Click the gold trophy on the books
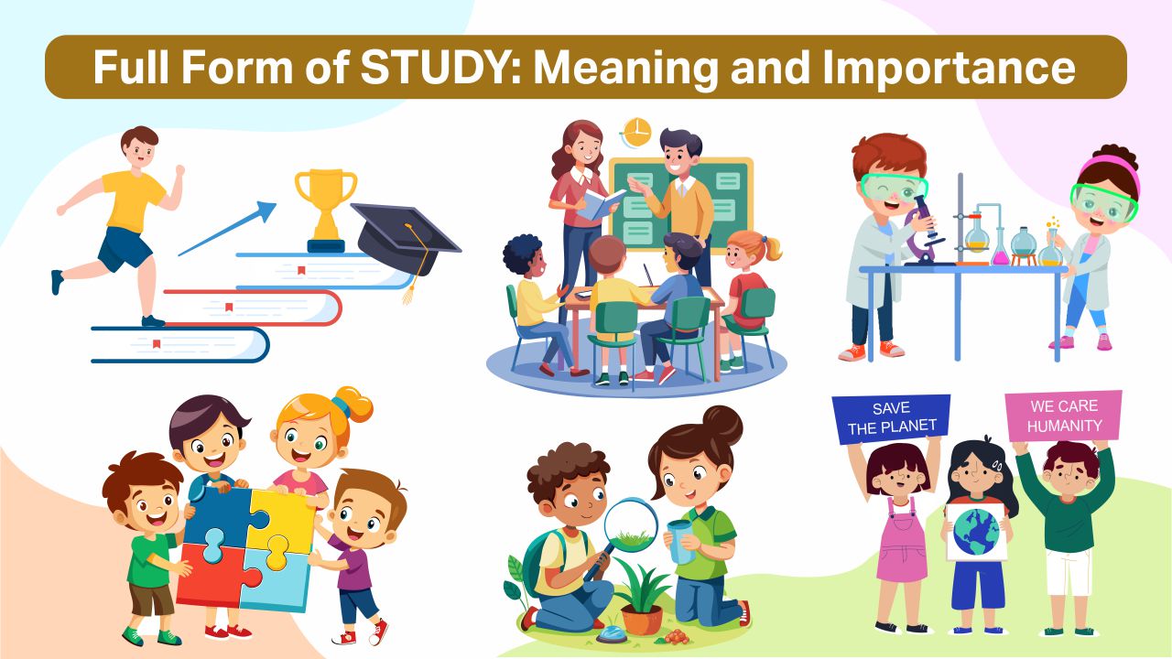pos(325,211)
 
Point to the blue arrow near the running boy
pos(227,229)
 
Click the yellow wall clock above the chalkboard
pos(636,133)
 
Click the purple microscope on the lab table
pos(925,230)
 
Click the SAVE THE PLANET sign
pos(891,418)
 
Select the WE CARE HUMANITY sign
pos(1064,416)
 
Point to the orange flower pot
pos(642,620)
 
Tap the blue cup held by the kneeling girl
pos(680,541)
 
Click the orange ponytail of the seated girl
pos(769,248)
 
